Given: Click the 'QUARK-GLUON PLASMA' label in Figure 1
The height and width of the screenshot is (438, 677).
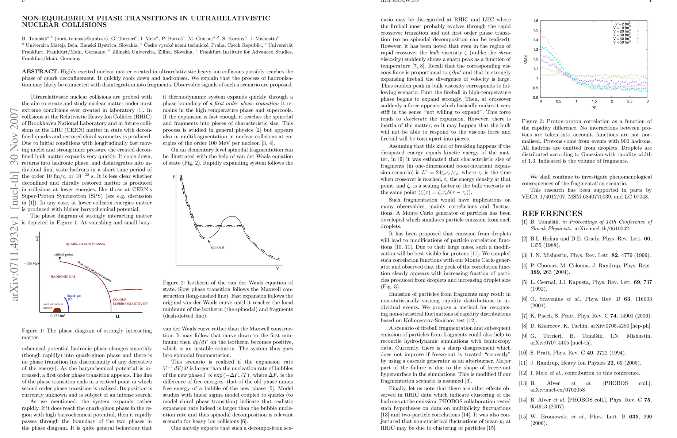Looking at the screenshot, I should click(85, 244).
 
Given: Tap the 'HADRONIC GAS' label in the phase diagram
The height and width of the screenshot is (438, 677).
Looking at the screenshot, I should click(63, 277).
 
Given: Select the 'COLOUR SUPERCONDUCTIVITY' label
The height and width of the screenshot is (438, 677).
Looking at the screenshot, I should click(130, 301).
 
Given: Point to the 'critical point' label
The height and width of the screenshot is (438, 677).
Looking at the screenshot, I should click(64, 254).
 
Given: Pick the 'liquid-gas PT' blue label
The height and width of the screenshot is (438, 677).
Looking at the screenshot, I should click(74, 297).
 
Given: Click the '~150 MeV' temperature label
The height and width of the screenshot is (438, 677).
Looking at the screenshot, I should click(32, 264).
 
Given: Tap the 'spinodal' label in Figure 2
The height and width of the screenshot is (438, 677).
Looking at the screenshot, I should click(217, 247).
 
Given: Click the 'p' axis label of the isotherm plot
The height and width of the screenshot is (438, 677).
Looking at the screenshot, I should click(174, 176).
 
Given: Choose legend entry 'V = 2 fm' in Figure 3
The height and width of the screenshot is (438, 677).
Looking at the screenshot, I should click(623, 24).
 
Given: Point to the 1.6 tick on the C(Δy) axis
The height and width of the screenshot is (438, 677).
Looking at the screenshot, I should click(535, 21).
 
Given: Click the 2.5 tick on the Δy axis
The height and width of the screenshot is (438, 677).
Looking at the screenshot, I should click(630, 101).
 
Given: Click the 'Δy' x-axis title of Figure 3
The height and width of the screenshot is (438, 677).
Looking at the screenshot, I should click(594, 107).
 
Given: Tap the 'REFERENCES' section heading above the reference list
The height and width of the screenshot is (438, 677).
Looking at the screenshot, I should click(552, 214).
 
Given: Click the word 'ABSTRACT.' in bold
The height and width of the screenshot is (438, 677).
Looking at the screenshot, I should click(40, 72).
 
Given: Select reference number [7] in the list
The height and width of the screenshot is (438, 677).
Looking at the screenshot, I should click(524, 316).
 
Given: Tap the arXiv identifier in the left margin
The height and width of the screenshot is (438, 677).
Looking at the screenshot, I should click(15, 204).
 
